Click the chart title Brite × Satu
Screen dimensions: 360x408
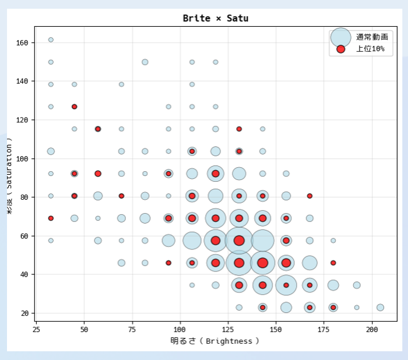click(216, 18)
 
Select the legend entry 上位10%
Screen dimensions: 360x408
click(370, 49)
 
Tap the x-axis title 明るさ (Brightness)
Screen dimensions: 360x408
click(214, 341)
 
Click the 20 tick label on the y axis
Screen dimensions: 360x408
click(25, 313)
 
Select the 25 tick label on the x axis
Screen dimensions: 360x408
click(36, 330)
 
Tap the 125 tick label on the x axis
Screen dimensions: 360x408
click(228, 330)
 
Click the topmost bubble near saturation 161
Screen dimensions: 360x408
click(51, 40)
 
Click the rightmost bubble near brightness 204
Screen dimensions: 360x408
click(380, 308)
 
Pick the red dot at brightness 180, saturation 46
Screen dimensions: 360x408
click(333, 263)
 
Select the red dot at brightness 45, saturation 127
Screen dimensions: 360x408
click(74, 107)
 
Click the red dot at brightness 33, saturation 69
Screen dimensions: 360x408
click(51, 218)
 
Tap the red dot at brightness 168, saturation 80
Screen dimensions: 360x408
click(309, 196)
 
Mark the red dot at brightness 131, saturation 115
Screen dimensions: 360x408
click(239, 129)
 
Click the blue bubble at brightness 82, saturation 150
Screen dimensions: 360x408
click(145, 62)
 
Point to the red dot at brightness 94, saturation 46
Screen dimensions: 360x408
click(168, 263)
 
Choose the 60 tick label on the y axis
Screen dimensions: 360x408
click(25, 236)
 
